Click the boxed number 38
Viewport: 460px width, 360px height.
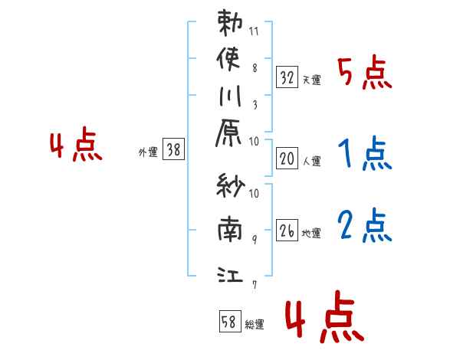(174, 151)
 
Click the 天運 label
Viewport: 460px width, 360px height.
(311, 80)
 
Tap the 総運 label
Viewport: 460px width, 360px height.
(254, 325)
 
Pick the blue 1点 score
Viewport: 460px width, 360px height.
(366, 155)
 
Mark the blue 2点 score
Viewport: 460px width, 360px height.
(366, 226)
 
